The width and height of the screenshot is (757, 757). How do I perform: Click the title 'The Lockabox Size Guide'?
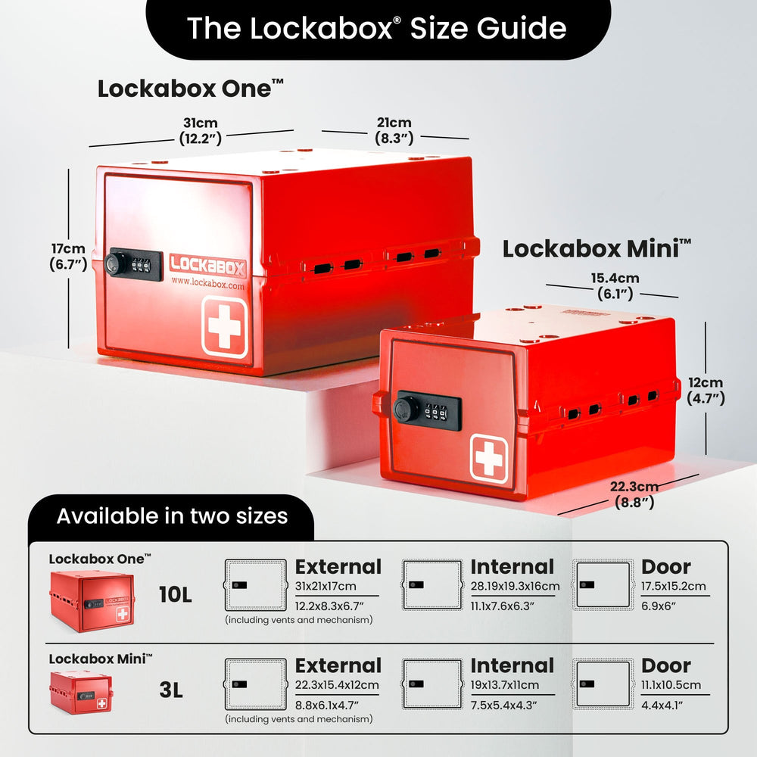click(x=376, y=28)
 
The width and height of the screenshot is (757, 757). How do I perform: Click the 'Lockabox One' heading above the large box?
click(x=190, y=89)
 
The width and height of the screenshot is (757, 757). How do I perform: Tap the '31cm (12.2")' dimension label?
click(x=201, y=131)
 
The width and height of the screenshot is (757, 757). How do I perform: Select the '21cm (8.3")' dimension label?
click(x=394, y=131)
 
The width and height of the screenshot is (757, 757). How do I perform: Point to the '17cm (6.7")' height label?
click(x=68, y=257)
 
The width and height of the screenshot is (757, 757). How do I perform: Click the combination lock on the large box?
click(x=133, y=264)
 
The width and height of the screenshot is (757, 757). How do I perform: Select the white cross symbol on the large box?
click(x=225, y=327)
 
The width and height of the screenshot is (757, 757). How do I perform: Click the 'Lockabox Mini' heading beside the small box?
click(x=597, y=248)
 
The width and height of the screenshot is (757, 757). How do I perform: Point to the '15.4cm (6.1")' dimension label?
click(x=615, y=286)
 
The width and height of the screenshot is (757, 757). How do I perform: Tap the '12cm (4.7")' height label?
click(x=706, y=390)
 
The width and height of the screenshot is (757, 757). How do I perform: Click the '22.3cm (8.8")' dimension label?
click(x=634, y=494)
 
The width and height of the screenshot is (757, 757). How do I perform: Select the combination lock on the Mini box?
click(x=427, y=410)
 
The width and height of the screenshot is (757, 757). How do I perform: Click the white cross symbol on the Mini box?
click(x=488, y=459)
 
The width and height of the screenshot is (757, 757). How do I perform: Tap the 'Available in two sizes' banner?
click(x=172, y=516)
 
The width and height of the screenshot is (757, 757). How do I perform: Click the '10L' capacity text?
click(x=176, y=595)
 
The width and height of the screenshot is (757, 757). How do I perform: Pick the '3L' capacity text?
click(x=171, y=690)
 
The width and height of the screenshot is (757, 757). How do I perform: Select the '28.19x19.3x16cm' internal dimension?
click(x=515, y=586)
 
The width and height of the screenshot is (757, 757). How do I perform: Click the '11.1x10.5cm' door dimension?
click(x=671, y=684)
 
